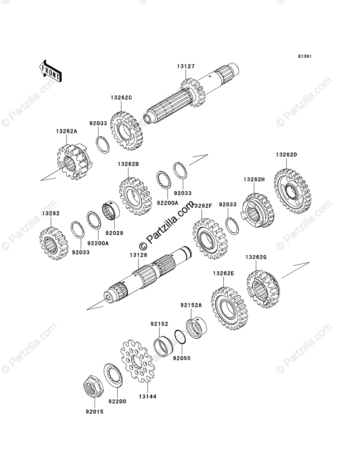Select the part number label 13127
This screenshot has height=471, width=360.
[x=186, y=67]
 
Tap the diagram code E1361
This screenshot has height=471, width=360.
[x=304, y=57]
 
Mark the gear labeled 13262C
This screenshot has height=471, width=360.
[x=126, y=131]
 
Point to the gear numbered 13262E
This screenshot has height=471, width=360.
[x=228, y=310]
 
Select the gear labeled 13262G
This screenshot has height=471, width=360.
[x=263, y=290]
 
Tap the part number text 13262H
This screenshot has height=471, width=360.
[x=254, y=179]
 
